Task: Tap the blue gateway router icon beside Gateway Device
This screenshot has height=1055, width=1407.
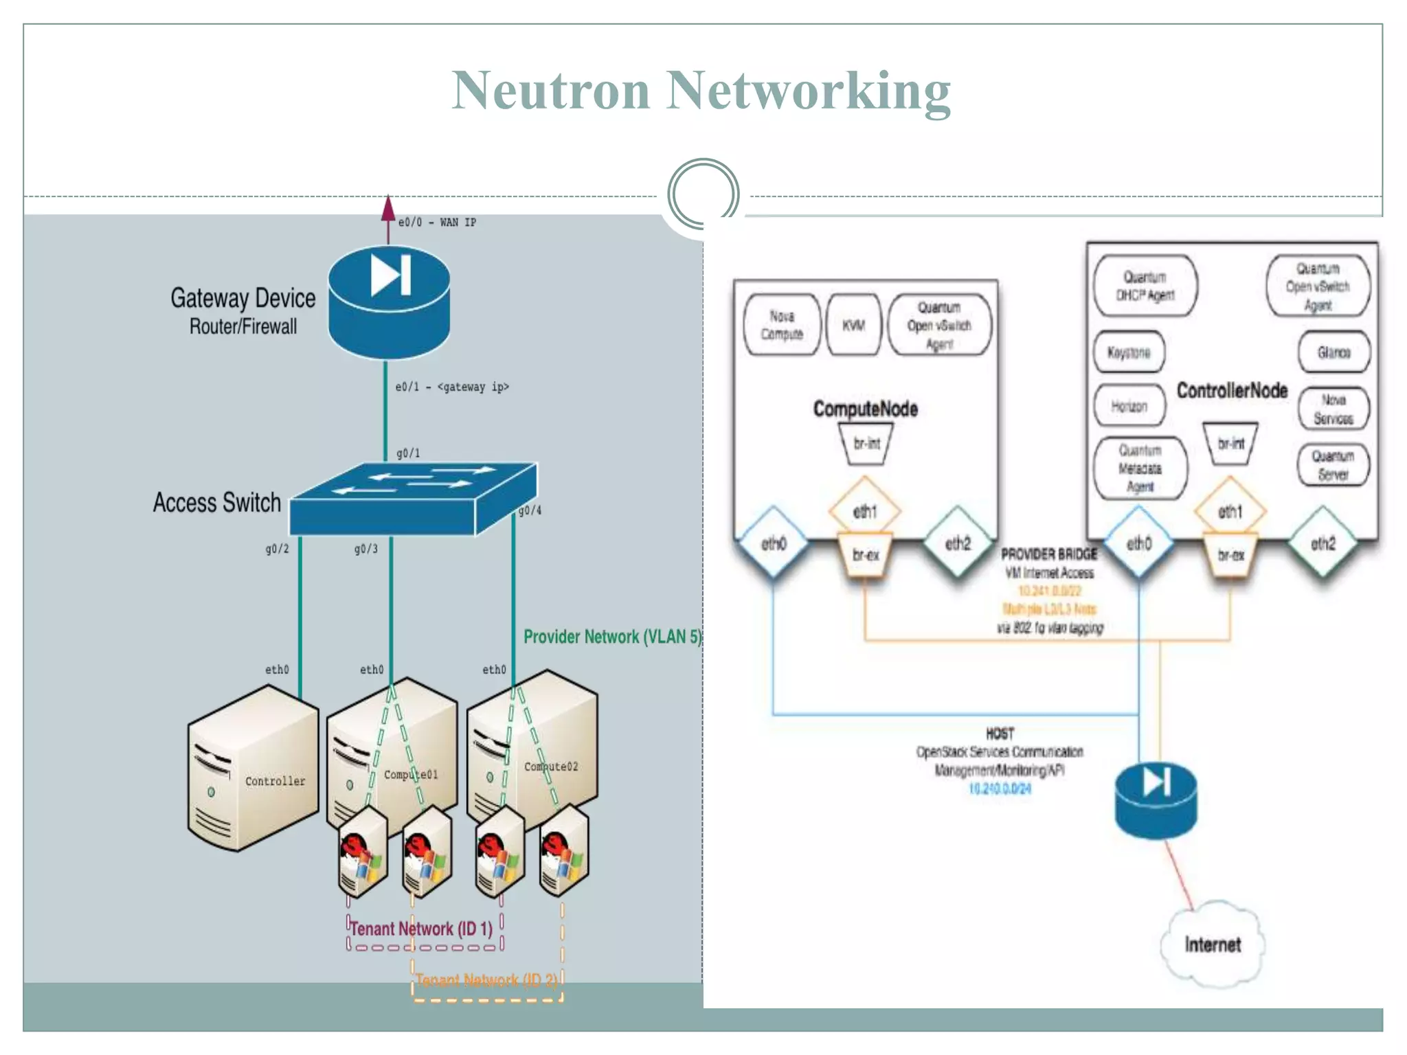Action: click(389, 302)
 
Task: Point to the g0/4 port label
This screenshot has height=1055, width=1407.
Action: click(530, 510)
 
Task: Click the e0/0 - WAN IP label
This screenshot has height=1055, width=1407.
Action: click(437, 223)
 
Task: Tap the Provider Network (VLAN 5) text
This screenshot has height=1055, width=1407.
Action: click(612, 637)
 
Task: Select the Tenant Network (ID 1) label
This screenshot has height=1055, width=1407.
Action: click(421, 929)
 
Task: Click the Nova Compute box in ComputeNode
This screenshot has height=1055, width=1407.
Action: click(782, 325)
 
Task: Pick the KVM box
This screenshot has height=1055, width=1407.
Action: click(853, 325)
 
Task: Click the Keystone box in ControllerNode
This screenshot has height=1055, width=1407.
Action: click(1129, 352)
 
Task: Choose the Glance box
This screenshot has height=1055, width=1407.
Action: click(1333, 352)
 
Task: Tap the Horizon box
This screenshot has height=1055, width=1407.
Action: click(1129, 406)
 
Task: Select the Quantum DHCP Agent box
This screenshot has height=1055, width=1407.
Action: click(1145, 286)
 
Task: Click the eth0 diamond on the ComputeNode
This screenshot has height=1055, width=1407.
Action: click(774, 544)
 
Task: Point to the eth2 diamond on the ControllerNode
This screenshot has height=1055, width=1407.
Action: click(1323, 544)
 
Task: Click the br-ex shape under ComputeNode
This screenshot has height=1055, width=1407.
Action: click(865, 555)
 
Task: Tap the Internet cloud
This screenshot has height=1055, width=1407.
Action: click(1213, 945)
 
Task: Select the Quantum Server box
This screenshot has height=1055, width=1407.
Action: click(1333, 465)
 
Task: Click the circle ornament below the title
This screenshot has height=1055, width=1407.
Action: click(703, 194)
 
